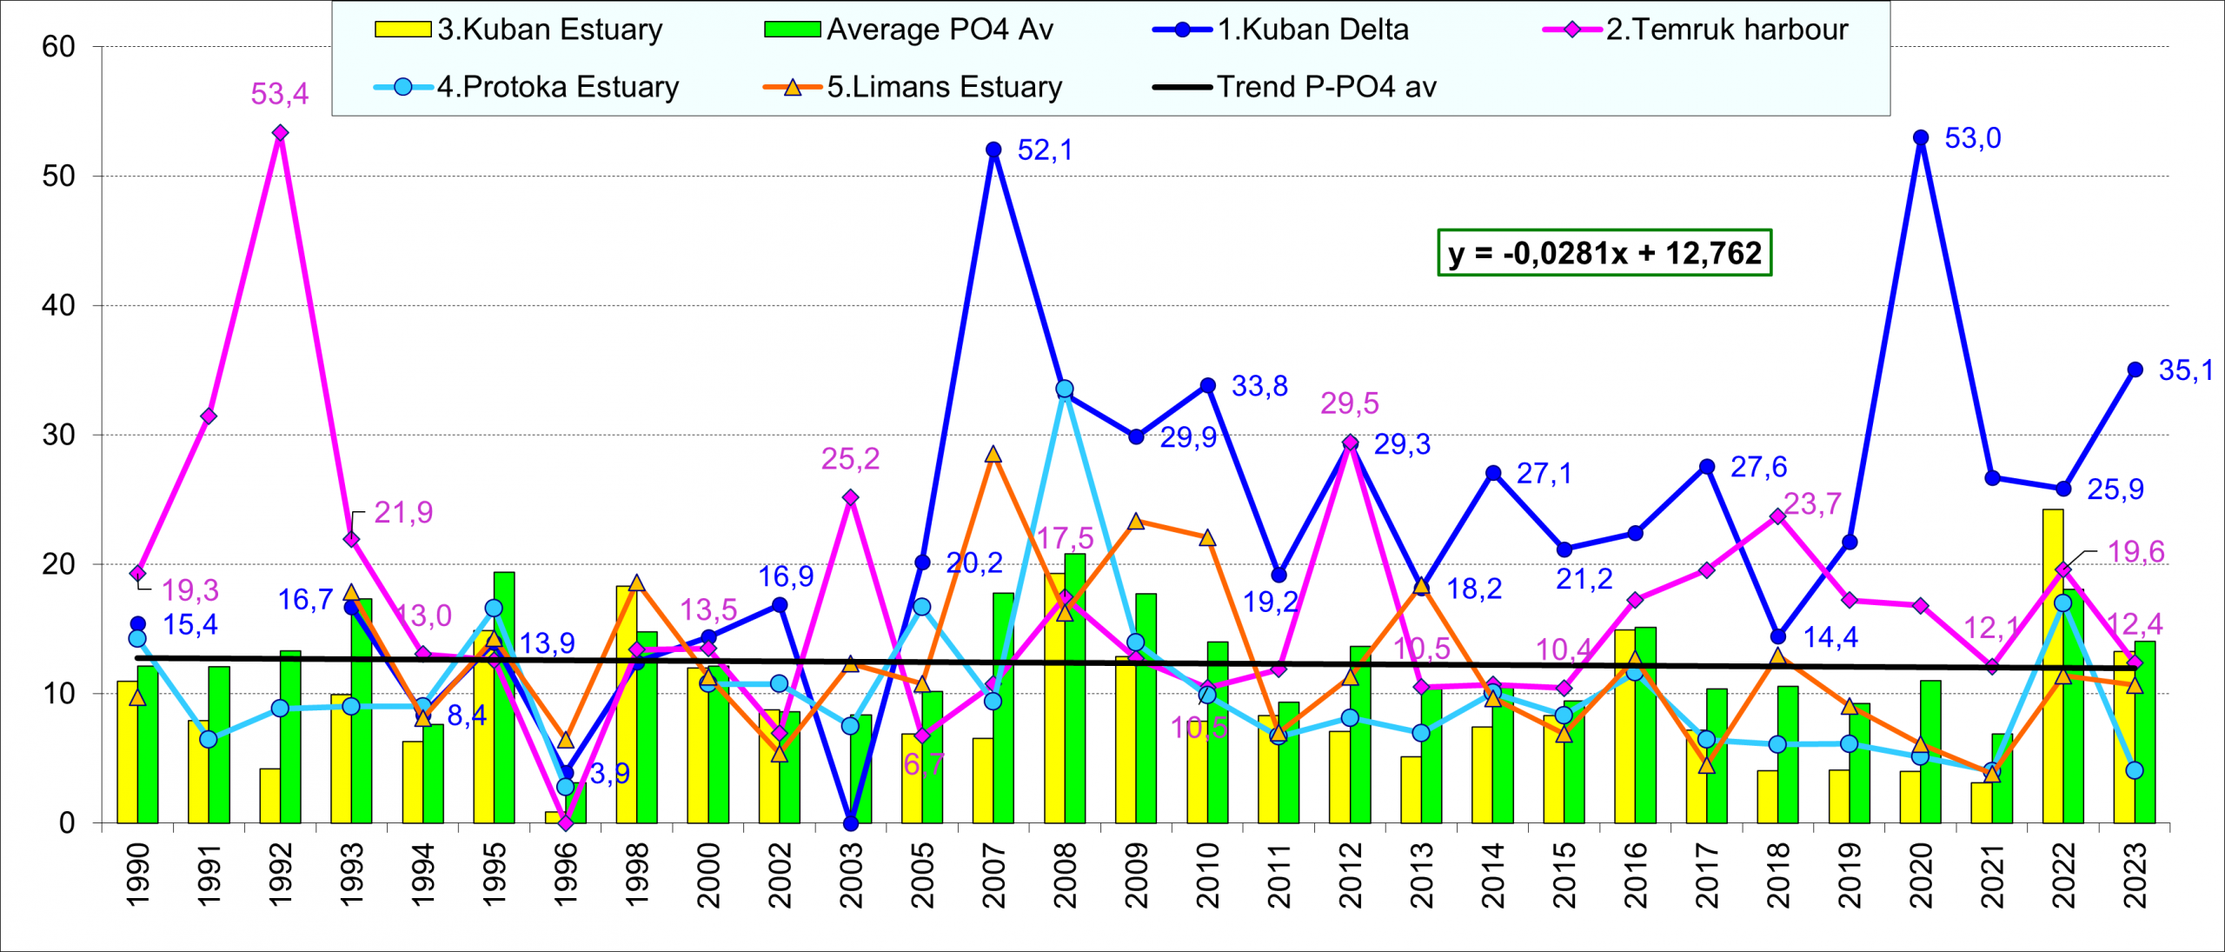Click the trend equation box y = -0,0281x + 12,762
point(1604,253)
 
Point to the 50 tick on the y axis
point(59,176)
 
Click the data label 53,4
point(280,94)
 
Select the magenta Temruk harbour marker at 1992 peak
point(280,133)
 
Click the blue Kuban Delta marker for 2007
point(993,150)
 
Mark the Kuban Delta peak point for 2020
point(1921,137)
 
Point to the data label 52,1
point(1045,150)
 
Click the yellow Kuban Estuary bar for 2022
point(2053,665)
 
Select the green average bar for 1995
point(504,697)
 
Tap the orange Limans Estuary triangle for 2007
point(993,455)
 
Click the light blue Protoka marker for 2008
point(1065,389)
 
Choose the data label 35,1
point(2186,370)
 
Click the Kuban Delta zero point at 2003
point(851,822)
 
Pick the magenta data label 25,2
point(850,459)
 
